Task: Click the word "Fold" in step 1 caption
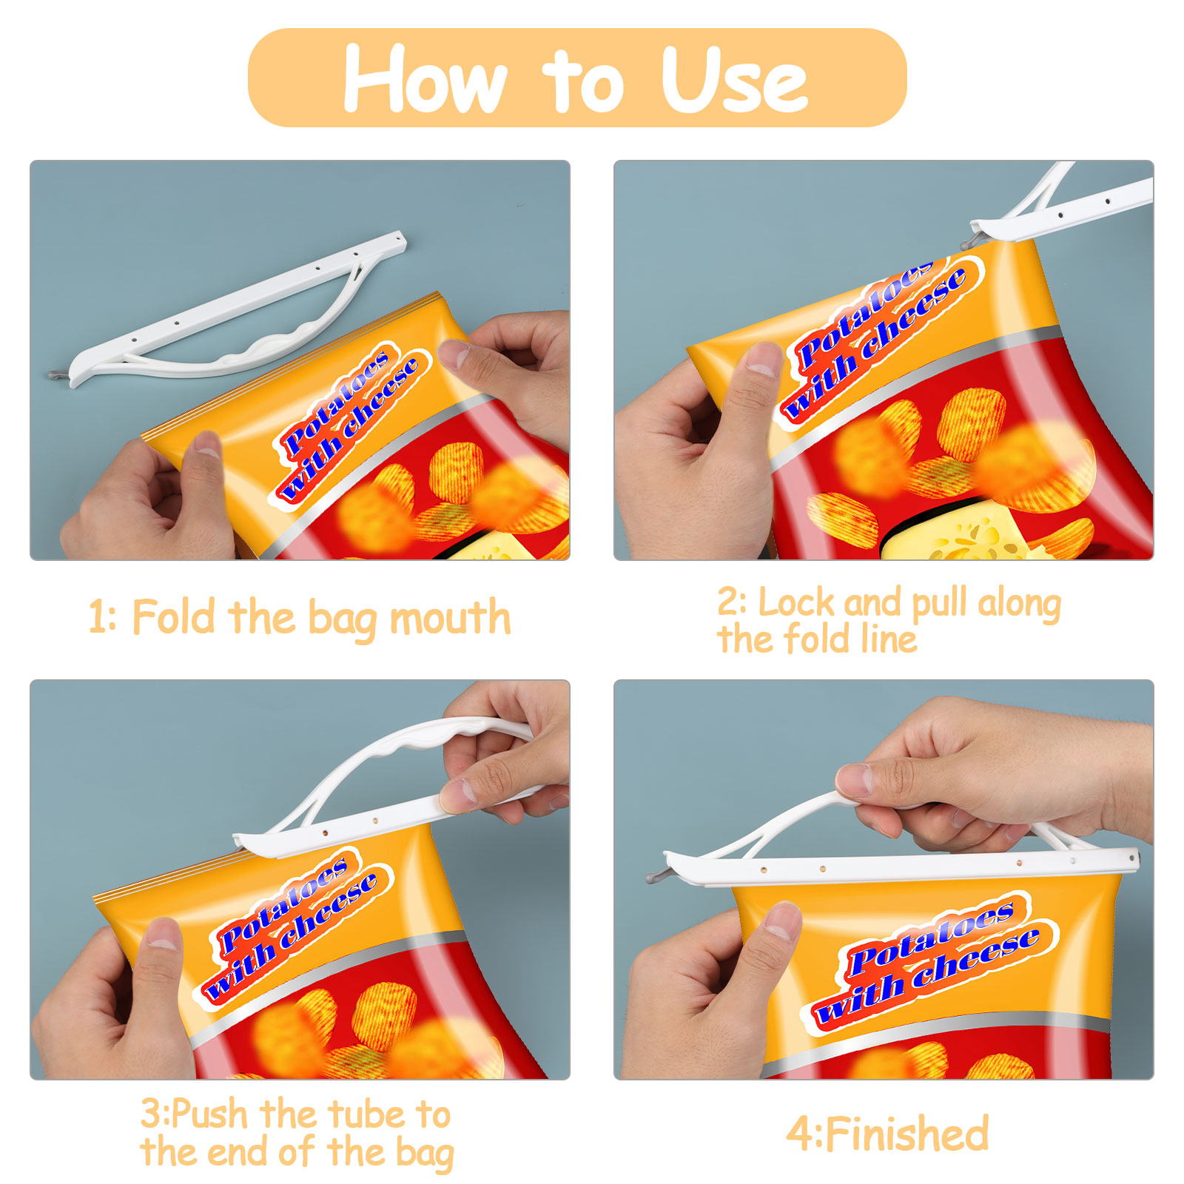(x=176, y=616)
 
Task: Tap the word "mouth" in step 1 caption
(x=450, y=618)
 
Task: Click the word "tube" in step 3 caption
(x=367, y=1114)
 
